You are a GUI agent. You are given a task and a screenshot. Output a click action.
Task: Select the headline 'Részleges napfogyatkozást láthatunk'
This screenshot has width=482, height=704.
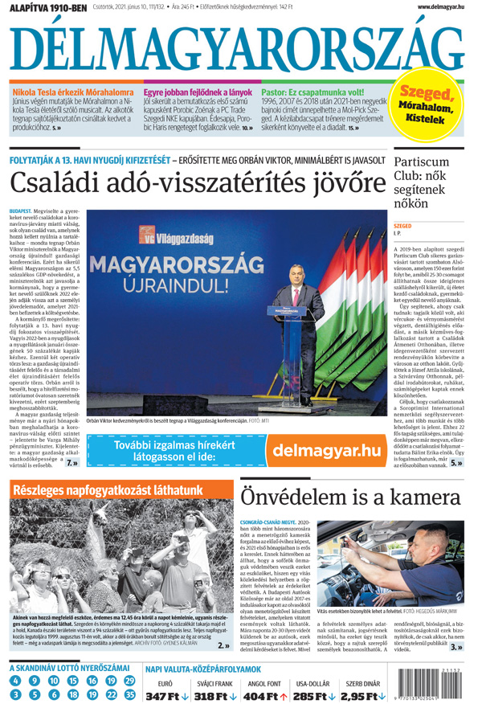click(107, 489)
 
